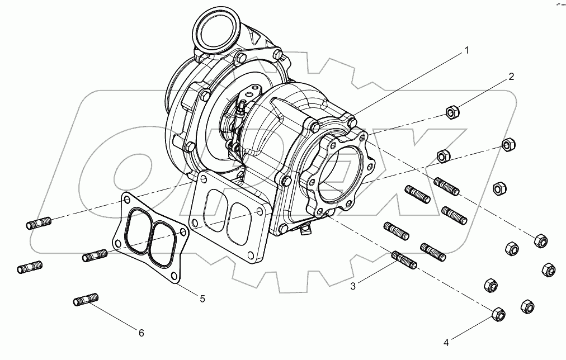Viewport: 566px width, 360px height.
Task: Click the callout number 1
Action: (x=466, y=50)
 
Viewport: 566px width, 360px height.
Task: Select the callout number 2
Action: (x=511, y=77)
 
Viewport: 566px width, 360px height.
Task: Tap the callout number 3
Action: (x=353, y=286)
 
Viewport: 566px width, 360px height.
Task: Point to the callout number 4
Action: (x=446, y=342)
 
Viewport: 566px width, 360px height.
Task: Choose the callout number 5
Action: (x=202, y=299)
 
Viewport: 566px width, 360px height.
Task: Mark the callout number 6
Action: (x=141, y=333)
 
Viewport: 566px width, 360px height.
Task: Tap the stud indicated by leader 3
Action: (x=404, y=261)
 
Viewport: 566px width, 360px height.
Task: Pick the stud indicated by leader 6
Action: (x=86, y=300)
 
